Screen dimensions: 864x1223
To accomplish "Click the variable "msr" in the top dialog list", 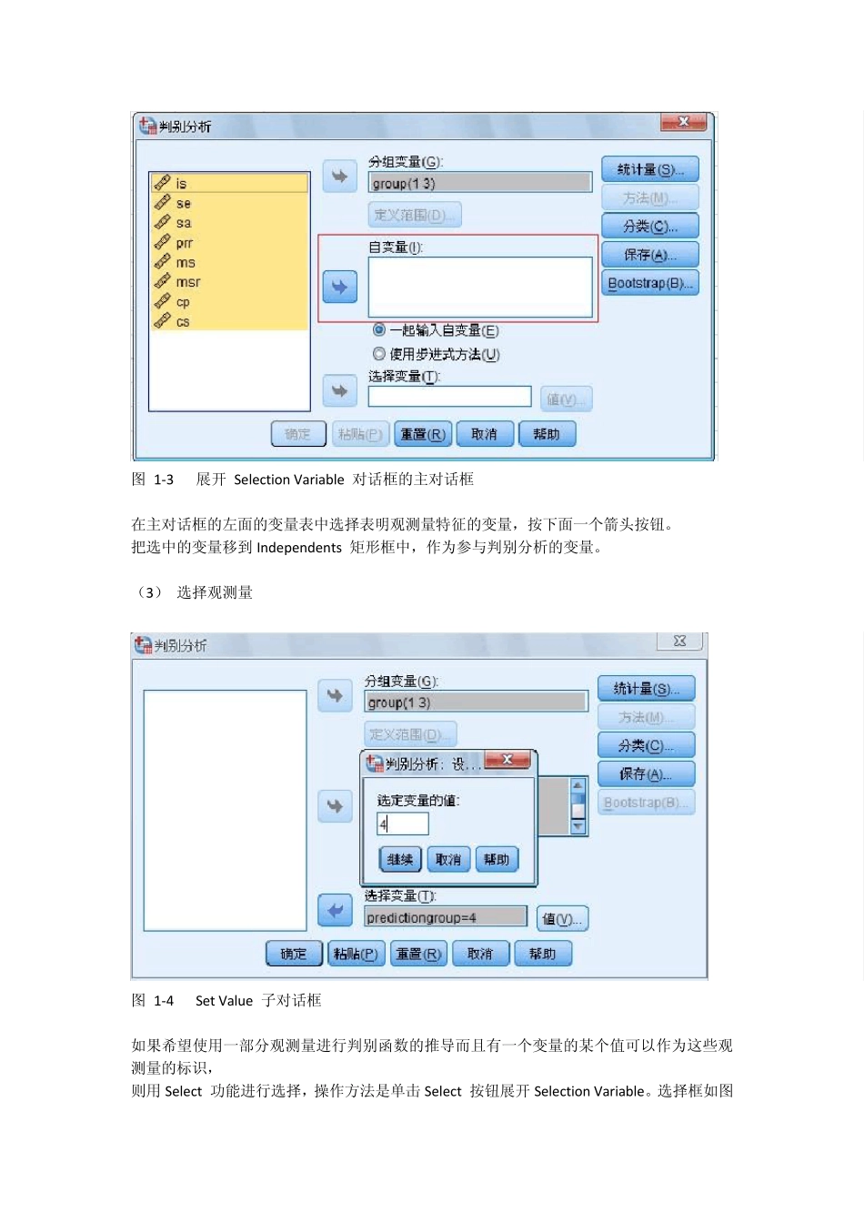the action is click(x=188, y=282).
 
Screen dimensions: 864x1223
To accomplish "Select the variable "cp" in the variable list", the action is click(x=183, y=302).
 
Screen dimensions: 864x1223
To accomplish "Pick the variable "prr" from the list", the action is click(x=184, y=243).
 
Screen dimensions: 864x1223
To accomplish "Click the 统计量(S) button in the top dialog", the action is click(x=649, y=169).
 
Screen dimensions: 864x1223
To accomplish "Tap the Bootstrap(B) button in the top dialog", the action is click(x=649, y=283).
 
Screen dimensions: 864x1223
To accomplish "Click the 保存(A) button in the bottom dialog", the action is click(x=646, y=773).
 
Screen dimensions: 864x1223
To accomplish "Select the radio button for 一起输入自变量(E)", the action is click(x=379, y=329).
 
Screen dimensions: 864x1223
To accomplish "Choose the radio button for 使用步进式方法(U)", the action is click(x=379, y=353).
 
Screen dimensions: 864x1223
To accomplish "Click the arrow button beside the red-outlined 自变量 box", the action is click(x=339, y=287).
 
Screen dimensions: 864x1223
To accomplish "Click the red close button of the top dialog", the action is click(x=684, y=122).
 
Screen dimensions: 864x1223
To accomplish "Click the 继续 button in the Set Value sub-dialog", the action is click(x=400, y=859).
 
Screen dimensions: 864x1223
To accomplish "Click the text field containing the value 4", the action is click(x=403, y=824).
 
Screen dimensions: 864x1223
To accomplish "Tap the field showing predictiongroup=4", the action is click(x=446, y=917).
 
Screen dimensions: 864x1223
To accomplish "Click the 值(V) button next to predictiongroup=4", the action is click(x=562, y=918).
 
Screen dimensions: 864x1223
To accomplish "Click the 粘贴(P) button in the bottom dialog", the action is click(x=356, y=954).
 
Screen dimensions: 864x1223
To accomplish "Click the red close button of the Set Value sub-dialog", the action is click(x=507, y=760).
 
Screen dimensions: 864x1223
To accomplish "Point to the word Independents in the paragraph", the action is click(x=299, y=548).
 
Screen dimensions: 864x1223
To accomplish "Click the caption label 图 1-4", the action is click(x=153, y=1001).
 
